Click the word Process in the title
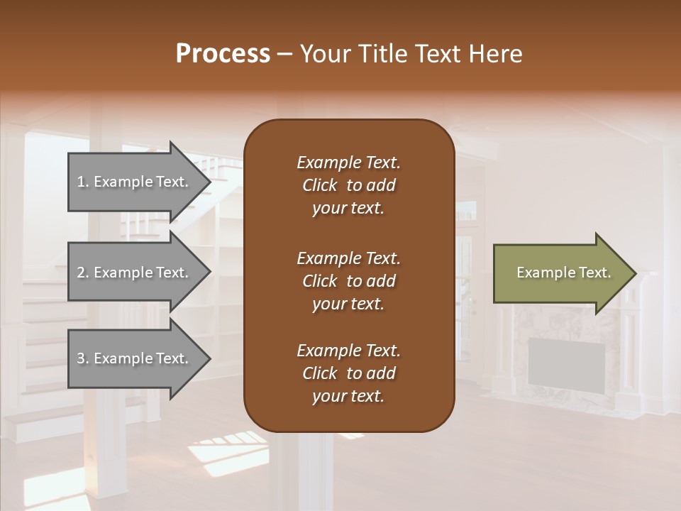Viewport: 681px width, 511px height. pos(223,54)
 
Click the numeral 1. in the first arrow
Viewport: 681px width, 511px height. pos(83,182)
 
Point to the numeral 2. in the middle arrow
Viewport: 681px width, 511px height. pos(83,273)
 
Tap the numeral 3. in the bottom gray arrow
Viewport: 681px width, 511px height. pos(83,358)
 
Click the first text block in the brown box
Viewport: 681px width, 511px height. pos(348,185)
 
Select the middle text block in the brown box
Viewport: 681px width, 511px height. pos(348,281)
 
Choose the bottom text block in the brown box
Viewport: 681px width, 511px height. pos(348,373)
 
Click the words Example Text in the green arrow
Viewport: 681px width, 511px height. pos(564,273)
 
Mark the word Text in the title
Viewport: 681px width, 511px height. pos(436,54)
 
